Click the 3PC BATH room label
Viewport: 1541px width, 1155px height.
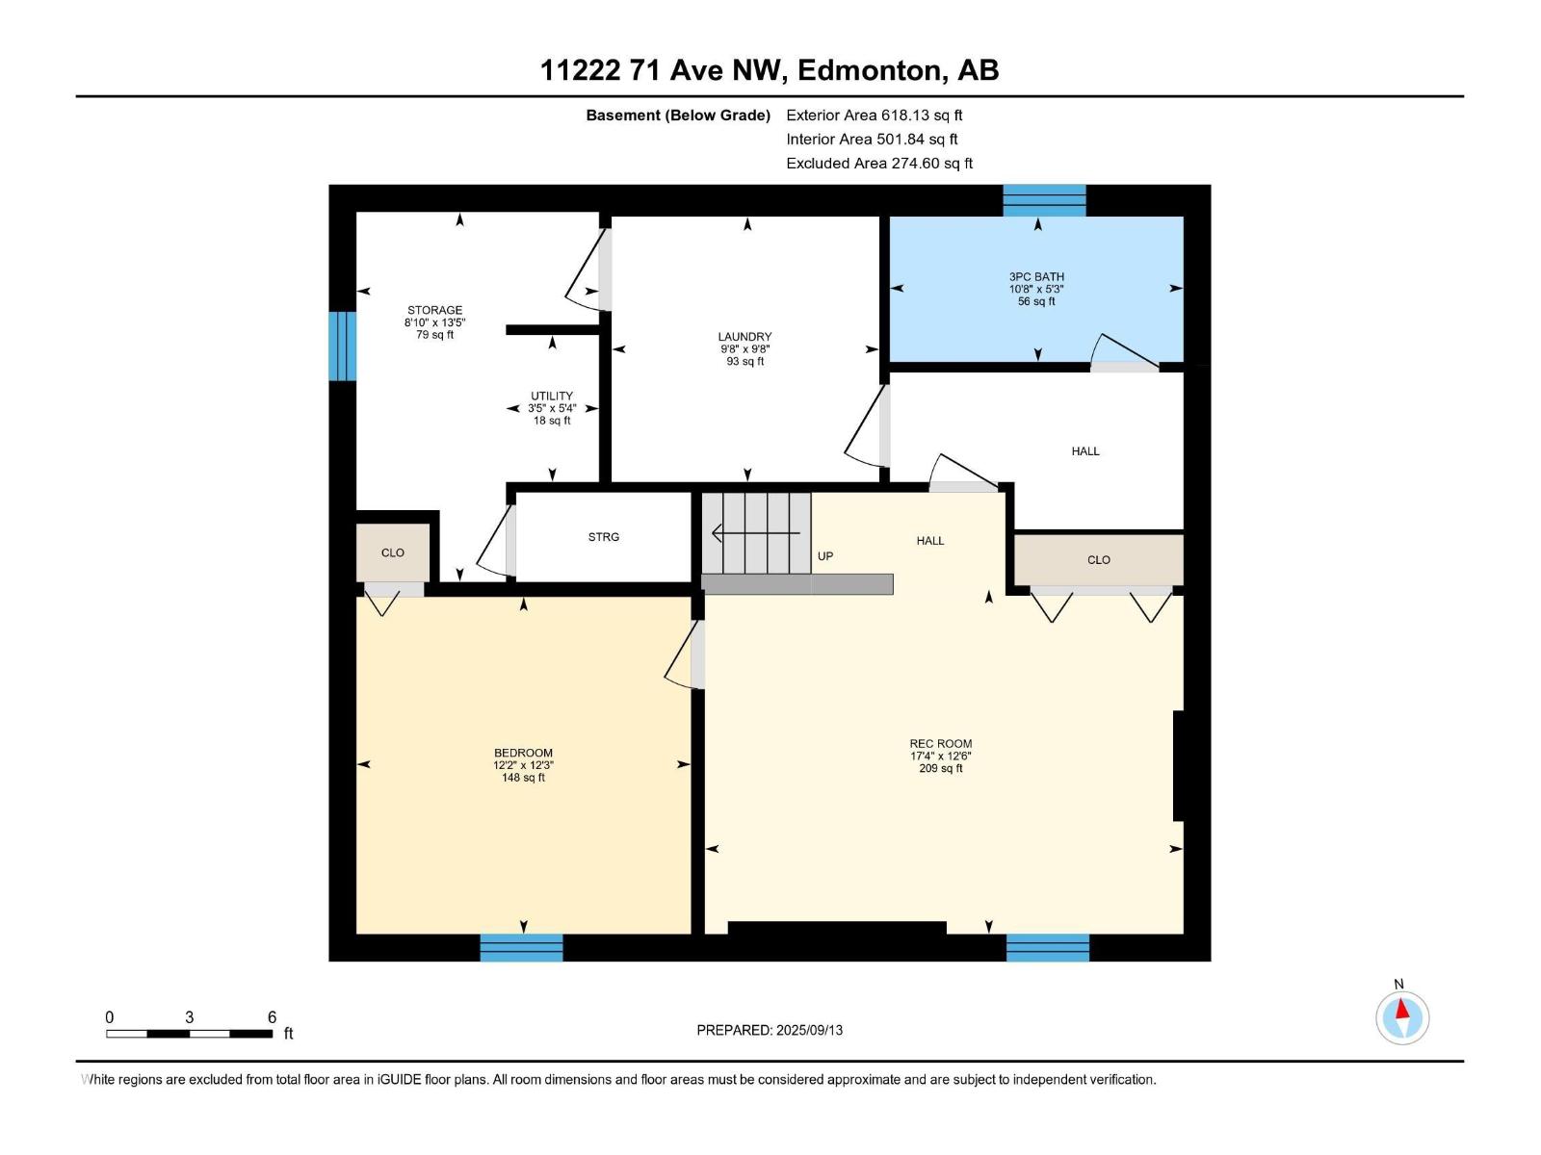[1036, 277]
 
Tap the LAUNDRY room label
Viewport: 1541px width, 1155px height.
[744, 337]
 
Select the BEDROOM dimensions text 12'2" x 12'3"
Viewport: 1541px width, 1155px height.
[523, 765]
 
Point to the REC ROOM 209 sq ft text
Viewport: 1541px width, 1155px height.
[941, 768]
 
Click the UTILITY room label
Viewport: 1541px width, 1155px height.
[552, 396]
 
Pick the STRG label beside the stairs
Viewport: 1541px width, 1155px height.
[604, 537]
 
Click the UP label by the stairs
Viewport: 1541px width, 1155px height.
[825, 556]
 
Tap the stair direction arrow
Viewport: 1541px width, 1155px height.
[755, 533]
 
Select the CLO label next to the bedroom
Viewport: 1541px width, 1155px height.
[393, 552]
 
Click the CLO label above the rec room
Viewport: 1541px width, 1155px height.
[1099, 559]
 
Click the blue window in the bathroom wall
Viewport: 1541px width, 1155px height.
[1044, 200]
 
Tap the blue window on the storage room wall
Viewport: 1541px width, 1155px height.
[342, 346]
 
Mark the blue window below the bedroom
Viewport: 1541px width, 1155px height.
[521, 947]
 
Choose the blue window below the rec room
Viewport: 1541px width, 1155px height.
[1048, 947]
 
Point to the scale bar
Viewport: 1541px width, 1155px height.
[189, 1034]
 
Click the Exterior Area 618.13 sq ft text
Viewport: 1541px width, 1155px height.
[874, 115]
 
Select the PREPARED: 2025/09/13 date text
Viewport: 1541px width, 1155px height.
[770, 1030]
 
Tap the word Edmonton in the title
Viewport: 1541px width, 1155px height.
[871, 70]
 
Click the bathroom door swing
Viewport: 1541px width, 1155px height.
[1124, 351]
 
